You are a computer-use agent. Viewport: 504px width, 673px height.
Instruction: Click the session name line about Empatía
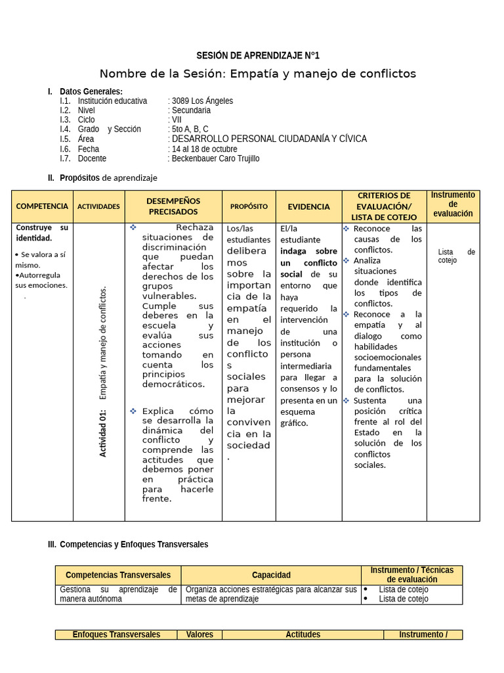pos(258,74)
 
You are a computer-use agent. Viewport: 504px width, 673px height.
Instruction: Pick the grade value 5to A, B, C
pos(190,129)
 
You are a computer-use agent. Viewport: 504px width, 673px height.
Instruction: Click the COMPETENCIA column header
pos(42,206)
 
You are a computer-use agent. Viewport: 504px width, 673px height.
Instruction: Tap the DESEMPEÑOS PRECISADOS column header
pos(173,206)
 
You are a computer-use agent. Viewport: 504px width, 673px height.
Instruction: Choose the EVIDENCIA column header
pos(308,206)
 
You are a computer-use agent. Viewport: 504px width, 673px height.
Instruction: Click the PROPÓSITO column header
pos(249,206)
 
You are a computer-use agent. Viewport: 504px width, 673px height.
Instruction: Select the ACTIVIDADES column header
pos(98,206)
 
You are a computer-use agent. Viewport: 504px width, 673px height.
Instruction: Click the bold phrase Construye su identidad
pos(42,233)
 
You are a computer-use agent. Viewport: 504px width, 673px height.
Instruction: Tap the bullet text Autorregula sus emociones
pos(41,281)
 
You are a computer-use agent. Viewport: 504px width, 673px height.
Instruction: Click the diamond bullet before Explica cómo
pos(133,411)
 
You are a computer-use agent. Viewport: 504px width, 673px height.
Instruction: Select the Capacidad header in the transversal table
pos(271,575)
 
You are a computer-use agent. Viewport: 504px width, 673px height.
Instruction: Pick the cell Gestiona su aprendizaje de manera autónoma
pos(118,594)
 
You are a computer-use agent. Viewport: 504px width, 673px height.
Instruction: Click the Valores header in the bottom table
pos(199,635)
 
